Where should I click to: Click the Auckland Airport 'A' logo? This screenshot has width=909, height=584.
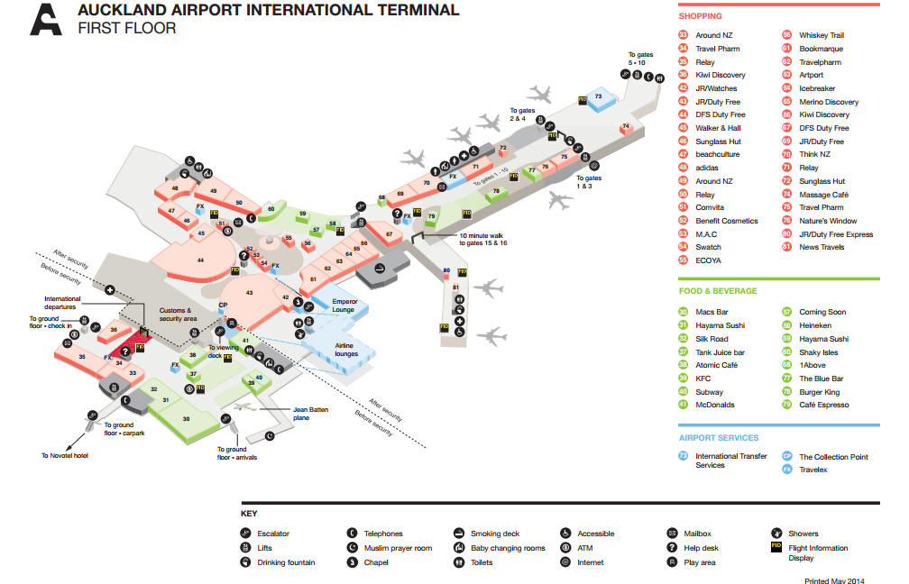tap(46, 18)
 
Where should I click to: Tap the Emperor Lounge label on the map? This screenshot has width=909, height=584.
tap(344, 305)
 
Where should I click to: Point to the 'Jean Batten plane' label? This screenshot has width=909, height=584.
tap(308, 414)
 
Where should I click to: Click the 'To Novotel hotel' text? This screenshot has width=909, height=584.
tap(64, 455)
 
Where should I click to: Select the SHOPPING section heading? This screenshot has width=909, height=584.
tap(700, 16)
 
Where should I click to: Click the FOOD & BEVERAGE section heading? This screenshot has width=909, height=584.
tap(717, 291)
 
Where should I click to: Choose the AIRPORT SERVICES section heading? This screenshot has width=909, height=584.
tap(718, 438)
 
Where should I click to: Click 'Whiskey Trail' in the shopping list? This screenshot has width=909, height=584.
tap(821, 35)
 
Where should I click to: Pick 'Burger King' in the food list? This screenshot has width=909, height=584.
tap(819, 392)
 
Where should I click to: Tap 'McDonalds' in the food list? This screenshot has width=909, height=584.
tap(715, 405)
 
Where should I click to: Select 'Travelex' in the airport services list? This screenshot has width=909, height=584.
tap(813, 470)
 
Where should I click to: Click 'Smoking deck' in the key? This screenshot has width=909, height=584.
tap(495, 534)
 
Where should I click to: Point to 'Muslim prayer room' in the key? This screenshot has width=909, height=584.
tap(398, 548)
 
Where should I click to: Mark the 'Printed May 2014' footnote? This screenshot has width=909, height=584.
tap(835, 580)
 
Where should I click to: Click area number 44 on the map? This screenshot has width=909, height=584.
tap(200, 260)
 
